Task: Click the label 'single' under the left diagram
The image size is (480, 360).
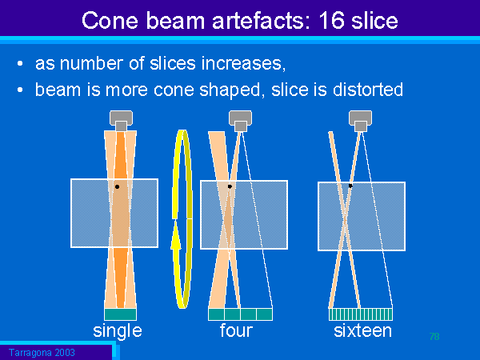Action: pyautogui.click(x=118, y=331)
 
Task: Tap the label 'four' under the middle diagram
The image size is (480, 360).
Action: pyautogui.click(x=236, y=330)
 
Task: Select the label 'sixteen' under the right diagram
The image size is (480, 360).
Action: pyautogui.click(x=362, y=330)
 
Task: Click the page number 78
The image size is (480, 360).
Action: pyautogui.click(x=434, y=337)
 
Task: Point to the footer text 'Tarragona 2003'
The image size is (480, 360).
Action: pyautogui.click(x=42, y=353)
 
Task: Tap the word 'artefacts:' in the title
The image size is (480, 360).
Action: pyautogui.click(x=262, y=21)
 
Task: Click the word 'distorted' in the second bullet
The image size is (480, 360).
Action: pyautogui.click(x=368, y=90)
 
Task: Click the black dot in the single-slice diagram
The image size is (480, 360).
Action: pyautogui.click(x=117, y=186)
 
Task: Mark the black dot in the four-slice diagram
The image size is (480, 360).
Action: pyautogui.click(x=230, y=186)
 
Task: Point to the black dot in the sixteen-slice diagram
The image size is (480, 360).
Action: pyautogui.click(x=350, y=186)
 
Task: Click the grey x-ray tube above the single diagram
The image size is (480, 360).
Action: pyautogui.click(x=122, y=121)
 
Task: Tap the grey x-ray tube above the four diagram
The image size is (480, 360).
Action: pyautogui.click(x=240, y=121)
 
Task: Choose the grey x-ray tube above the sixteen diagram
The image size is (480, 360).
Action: pyautogui.click(x=360, y=121)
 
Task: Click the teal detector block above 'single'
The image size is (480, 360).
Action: pyautogui.click(x=120, y=314)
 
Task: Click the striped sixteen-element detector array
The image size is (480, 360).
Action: pyautogui.click(x=361, y=314)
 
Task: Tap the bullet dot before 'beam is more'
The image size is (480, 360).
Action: pyautogui.click(x=20, y=90)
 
